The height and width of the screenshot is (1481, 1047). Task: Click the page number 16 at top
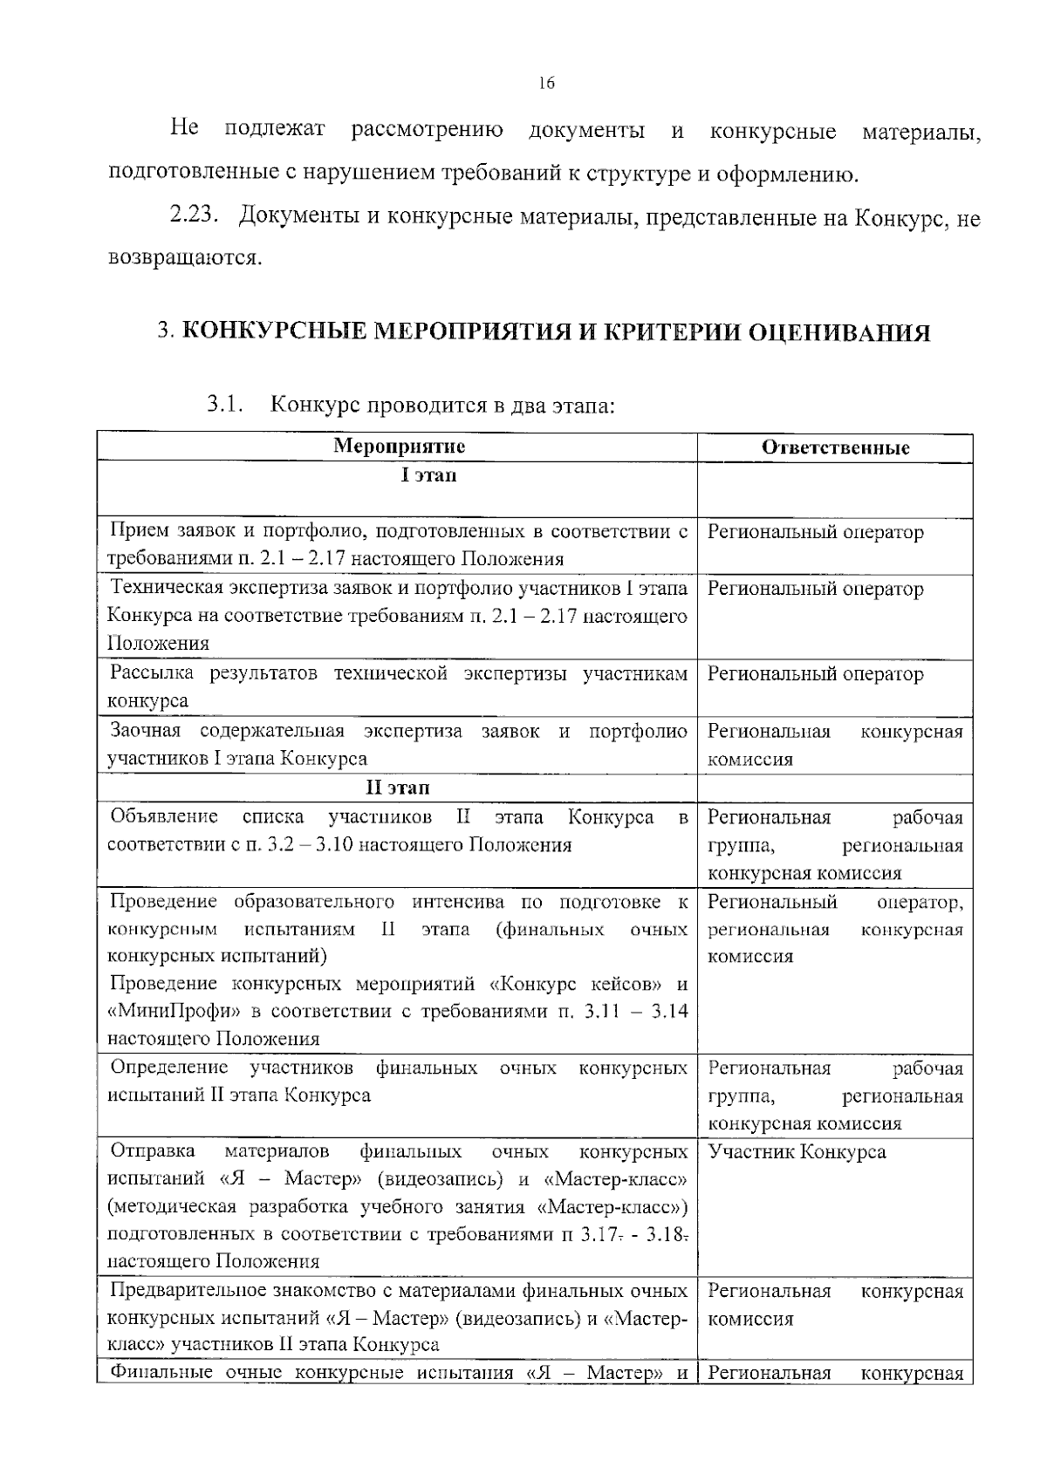[546, 84]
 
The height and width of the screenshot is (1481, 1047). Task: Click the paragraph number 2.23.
[192, 216]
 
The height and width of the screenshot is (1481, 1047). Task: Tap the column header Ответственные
[835, 447]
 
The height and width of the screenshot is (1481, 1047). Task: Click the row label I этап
[428, 476]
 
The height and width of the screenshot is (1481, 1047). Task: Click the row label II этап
[397, 788]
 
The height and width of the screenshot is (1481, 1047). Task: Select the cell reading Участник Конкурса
[797, 1152]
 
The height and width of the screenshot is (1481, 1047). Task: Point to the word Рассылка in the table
[154, 673]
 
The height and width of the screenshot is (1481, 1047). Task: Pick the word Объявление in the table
[164, 816]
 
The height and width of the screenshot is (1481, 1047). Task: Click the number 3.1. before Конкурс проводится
[224, 405]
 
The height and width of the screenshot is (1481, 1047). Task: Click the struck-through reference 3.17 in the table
[597, 1234]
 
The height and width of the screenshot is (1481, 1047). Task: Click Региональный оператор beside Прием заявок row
[815, 532]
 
